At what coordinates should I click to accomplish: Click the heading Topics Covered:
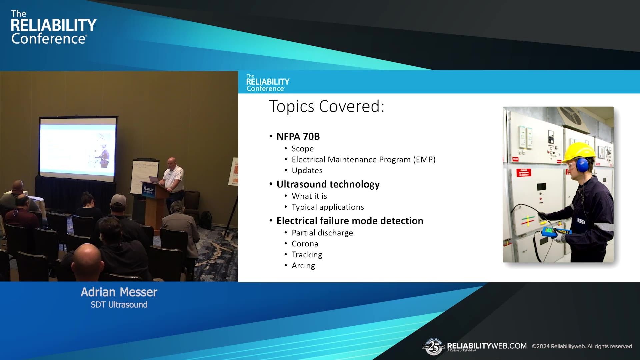click(x=327, y=107)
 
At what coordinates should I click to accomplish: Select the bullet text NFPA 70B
click(x=298, y=137)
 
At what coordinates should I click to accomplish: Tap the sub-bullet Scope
click(x=302, y=149)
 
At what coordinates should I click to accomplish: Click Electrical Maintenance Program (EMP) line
click(x=363, y=160)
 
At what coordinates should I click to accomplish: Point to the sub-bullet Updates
click(x=307, y=171)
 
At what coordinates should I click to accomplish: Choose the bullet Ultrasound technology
click(x=328, y=184)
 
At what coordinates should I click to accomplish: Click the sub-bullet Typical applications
click(x=328, y=207)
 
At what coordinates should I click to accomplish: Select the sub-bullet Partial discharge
click(x=322, y=233)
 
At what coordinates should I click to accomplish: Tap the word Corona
click(x=305, y=244)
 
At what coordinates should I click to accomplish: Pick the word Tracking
click(x=307, y=255)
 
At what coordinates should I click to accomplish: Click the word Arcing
click(x=303, y=266)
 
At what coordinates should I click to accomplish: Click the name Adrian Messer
click(x=119, y=292)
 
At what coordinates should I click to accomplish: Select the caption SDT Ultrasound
click(x=119, y=305)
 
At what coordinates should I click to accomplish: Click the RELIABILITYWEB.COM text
click(x=487, y=346)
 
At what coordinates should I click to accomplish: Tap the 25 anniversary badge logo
click(x=434, y=347)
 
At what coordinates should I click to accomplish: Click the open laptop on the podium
click(x=154, y=179)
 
